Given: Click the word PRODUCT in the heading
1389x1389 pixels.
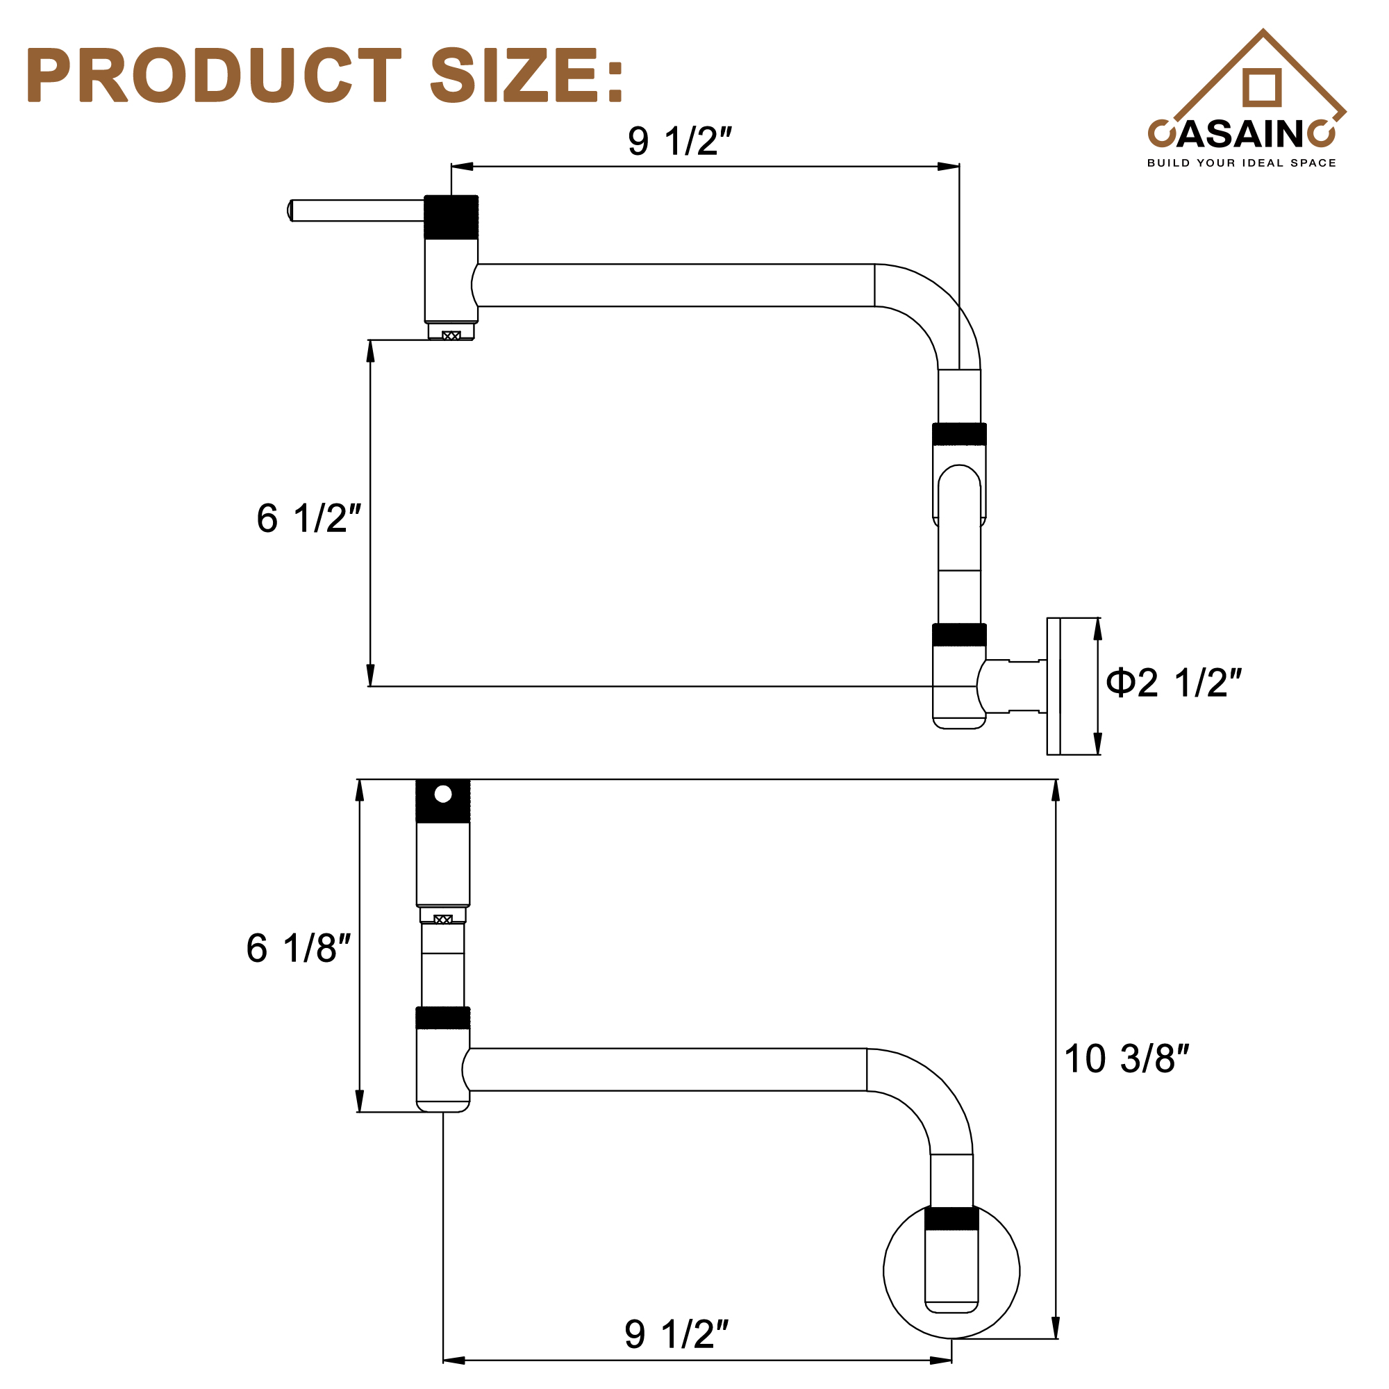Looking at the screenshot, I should [213, 75].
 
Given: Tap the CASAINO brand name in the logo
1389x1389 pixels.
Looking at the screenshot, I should [1241, 134].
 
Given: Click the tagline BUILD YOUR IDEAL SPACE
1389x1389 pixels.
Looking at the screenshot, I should [1241, 163].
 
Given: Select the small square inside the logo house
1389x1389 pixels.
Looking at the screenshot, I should [1262, 87].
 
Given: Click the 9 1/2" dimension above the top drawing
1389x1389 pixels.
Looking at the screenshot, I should [679, 141].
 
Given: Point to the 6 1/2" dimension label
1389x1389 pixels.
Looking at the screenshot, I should [308, 518].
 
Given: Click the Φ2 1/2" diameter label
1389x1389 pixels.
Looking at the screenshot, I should [1173, 683].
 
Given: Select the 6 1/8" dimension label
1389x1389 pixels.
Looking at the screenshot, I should [298, 948].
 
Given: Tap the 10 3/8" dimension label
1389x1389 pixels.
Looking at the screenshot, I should [1126, 1059].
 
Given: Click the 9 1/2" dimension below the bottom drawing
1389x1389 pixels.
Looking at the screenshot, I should [676, 1334].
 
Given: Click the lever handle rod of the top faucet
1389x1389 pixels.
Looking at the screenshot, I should [357, 210].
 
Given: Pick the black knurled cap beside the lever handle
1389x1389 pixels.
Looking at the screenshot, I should [451, 217].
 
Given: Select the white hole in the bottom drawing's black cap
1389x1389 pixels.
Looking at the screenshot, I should [443, 794].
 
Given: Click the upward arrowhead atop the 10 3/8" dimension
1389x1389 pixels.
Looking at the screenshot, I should [1056, 790].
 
